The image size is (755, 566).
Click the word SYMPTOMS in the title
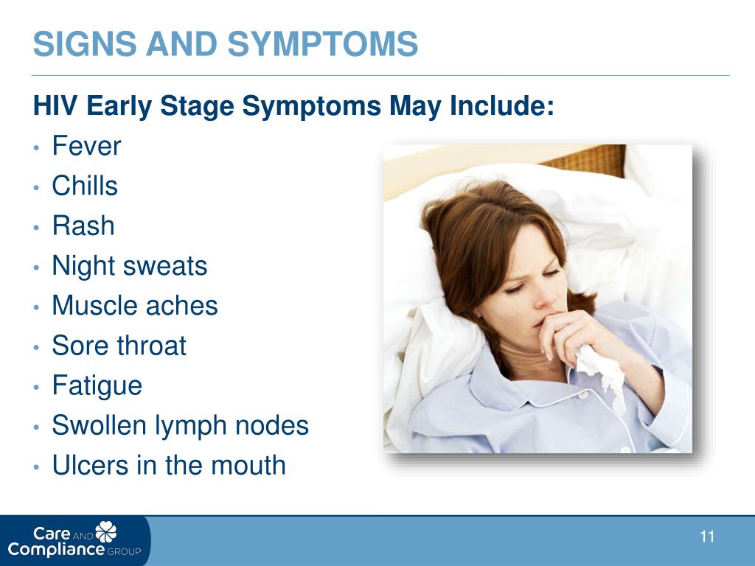(323, 43)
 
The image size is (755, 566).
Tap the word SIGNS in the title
(85, 43)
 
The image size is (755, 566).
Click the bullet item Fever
(87, 145)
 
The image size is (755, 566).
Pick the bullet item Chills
(85, 185)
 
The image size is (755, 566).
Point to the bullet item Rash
(83, 226)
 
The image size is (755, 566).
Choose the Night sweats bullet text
(130, 265)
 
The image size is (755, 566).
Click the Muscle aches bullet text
(135, 305)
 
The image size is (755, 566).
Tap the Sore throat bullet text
(119, 345)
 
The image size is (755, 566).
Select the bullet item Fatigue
(97, 385)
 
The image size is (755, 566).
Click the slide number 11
(707, 537)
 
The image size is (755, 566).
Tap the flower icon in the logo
(106, 531)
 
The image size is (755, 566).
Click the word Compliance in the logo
(56, 550)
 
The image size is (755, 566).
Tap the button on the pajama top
(583, 395)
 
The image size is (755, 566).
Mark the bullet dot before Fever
(37, 147)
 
